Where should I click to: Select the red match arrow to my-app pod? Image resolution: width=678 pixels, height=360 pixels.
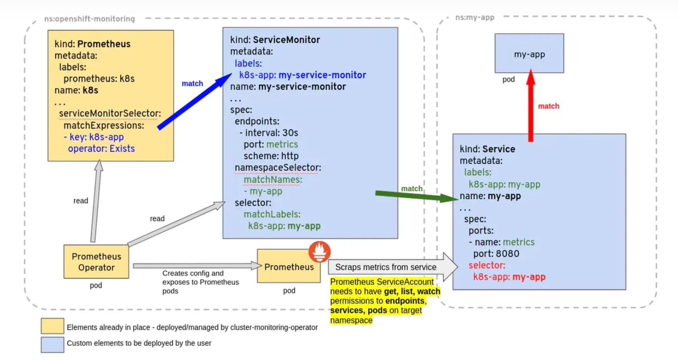pos(531,106)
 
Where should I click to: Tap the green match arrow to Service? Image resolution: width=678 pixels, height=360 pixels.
pos(416,196)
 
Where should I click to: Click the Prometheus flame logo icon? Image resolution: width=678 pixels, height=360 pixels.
pos(320,251)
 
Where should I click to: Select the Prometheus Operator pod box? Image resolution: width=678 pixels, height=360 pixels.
pos(96,262)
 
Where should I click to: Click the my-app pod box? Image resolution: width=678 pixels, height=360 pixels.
pos(529,54)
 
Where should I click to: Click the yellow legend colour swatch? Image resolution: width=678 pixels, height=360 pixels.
pos(52,326)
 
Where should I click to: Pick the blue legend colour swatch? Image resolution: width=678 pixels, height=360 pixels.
pos(52,344)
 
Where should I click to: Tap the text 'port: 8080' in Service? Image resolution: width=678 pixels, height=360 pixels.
pos(496,254)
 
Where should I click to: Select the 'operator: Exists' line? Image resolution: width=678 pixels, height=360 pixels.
pos(101,149)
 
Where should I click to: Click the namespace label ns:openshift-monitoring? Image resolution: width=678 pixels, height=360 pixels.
pos(89,19)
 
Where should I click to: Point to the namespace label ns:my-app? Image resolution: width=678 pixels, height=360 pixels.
pos(474,17)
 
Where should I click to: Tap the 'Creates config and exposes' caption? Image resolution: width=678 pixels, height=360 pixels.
pos(200,282)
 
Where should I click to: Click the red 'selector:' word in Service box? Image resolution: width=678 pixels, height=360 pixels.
pos(487,266)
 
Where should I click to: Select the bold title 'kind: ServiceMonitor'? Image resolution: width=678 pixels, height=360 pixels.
pos(275,40)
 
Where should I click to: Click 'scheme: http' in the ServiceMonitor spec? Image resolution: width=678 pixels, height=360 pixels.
pos(271,156)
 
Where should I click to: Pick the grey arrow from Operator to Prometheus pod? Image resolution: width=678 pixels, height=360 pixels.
pos(196,266)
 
